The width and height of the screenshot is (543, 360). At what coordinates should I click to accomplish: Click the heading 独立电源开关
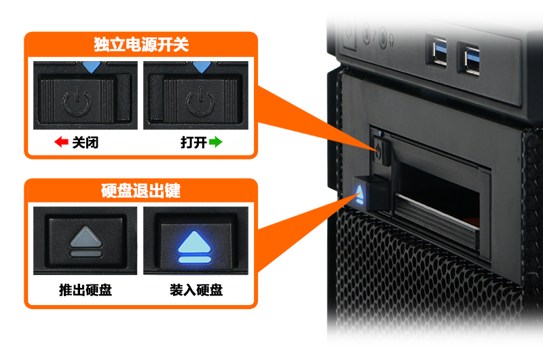pos(141,44)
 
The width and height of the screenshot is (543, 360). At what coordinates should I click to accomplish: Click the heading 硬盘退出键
pos(141,191)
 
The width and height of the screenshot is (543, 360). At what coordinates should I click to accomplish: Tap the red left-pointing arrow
pos(61,142)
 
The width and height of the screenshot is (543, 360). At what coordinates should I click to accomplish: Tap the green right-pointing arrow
pos(215,142)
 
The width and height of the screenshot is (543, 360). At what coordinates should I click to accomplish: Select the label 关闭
pos(86,143)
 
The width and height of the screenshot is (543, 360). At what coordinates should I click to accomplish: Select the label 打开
pos(193,143)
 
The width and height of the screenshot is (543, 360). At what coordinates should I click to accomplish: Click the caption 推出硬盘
pos(86,290)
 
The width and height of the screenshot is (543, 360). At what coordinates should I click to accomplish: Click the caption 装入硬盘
pos(196,290)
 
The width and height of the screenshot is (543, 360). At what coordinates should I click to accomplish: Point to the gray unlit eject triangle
pos(86,237)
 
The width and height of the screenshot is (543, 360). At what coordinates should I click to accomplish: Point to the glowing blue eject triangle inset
pos(195,242)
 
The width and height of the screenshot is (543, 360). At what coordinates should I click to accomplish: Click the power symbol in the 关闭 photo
pos(77,101)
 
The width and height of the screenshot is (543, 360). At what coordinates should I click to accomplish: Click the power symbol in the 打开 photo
pos(200,101)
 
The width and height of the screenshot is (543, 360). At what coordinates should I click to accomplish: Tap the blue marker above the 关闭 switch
pos(92,67)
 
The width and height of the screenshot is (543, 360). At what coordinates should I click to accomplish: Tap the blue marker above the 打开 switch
pos(202,67)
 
